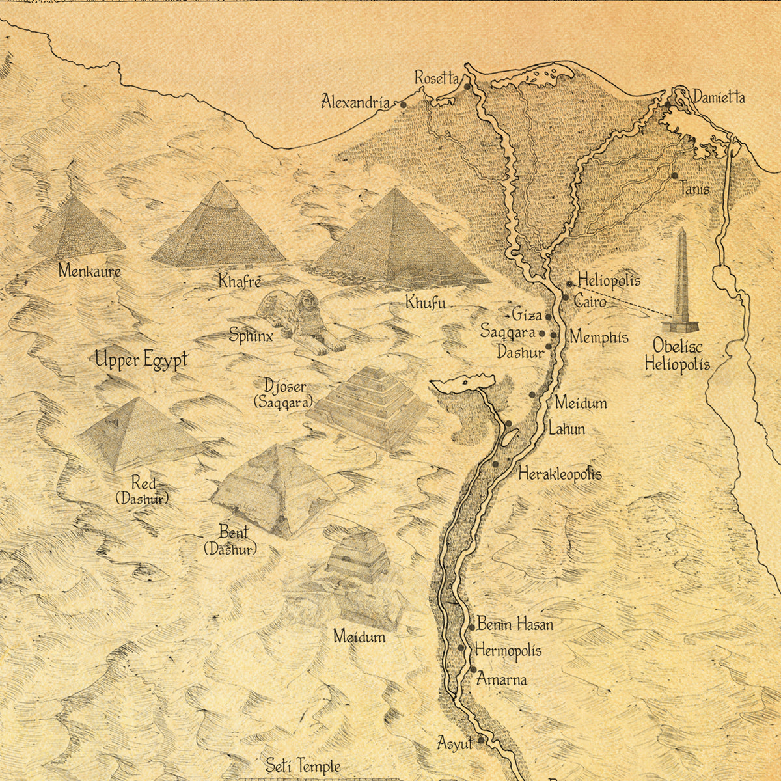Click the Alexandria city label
(355, 102)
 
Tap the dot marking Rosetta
(467, 85)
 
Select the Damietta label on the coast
(719, 98)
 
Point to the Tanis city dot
(674, 175)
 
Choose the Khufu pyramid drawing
(398, 241)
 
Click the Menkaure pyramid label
(89, 271)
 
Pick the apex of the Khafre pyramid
(221, 184)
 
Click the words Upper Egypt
(141, 359)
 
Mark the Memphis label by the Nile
(599, 337)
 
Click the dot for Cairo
(566, 297)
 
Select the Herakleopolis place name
(560, 474)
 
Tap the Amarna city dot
(473, 670)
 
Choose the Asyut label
(454, 743)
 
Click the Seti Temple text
(303, 766)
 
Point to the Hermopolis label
(508, 650)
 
